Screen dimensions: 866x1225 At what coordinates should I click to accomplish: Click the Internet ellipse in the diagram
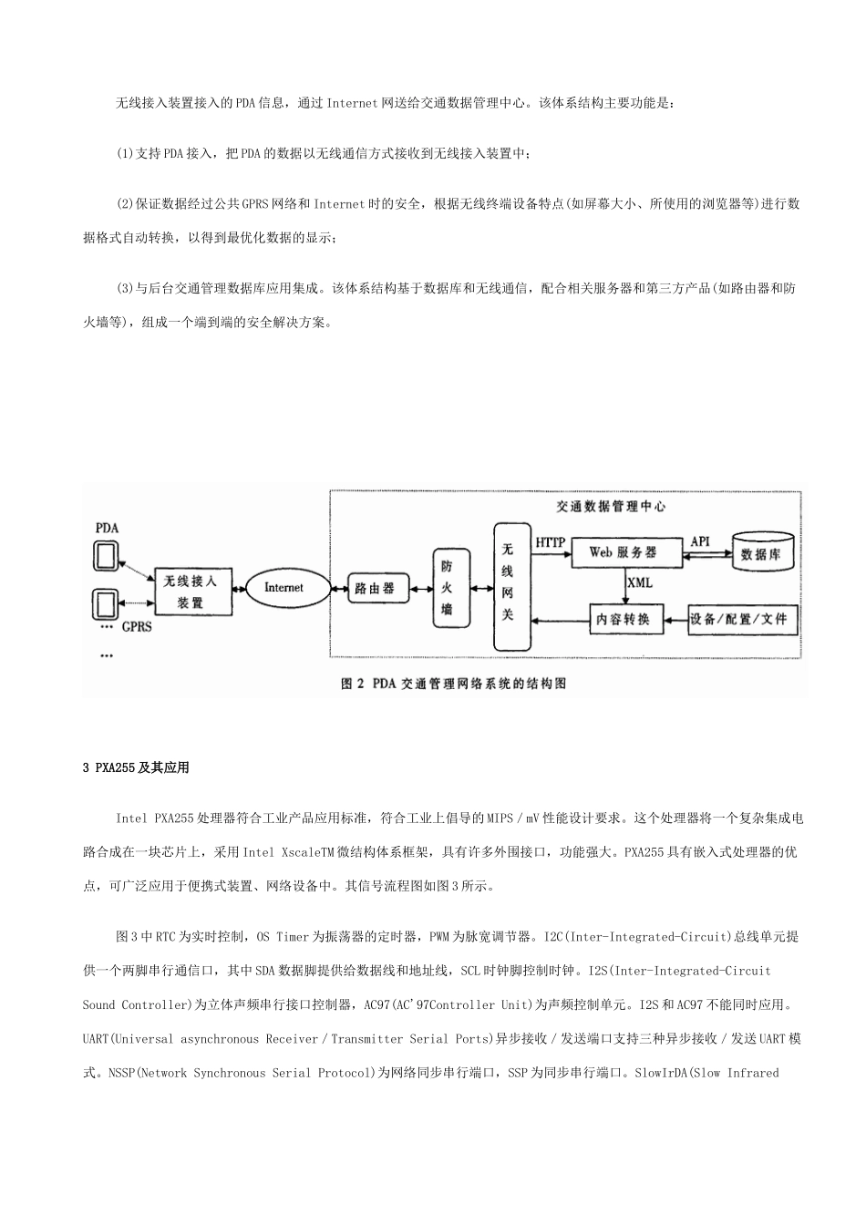[283, 588]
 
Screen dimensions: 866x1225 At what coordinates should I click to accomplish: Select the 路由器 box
[375, 588]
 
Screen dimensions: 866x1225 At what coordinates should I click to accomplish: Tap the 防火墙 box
[447, 587]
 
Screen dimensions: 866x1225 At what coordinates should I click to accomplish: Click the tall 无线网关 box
[508, 587]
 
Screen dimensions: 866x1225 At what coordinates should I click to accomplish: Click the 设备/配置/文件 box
[744, 620]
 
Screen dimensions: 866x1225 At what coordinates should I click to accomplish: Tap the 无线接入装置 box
[190, 592]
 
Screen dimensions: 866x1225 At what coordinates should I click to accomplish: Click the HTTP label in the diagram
[550, 542]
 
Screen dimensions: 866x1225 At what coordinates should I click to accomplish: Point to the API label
[699, 541]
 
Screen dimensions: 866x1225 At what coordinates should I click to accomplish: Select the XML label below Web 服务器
[640, 582]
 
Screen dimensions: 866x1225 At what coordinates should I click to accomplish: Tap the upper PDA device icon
[107, 556]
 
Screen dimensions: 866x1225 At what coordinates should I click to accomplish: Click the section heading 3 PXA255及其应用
[136, 767]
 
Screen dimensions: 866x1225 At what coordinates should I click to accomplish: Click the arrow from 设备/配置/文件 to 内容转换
[673, 621]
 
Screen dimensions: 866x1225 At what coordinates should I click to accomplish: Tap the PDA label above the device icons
[108, 529]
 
